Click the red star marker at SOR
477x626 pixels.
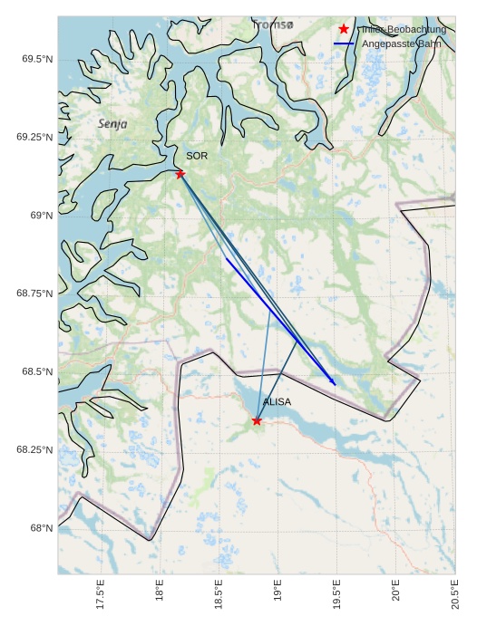180,174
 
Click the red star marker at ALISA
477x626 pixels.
257,420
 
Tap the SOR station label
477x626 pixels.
197,156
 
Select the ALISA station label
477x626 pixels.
277,401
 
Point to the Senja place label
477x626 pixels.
112,122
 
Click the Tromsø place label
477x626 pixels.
273,25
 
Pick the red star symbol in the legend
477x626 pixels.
344,29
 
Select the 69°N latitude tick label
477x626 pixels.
39,216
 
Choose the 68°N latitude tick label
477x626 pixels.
39,528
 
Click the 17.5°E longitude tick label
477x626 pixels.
101,597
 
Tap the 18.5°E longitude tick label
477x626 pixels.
219,597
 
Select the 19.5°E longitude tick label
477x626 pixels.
337,597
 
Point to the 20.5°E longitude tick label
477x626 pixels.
455,597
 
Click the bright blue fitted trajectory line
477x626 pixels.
281,322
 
